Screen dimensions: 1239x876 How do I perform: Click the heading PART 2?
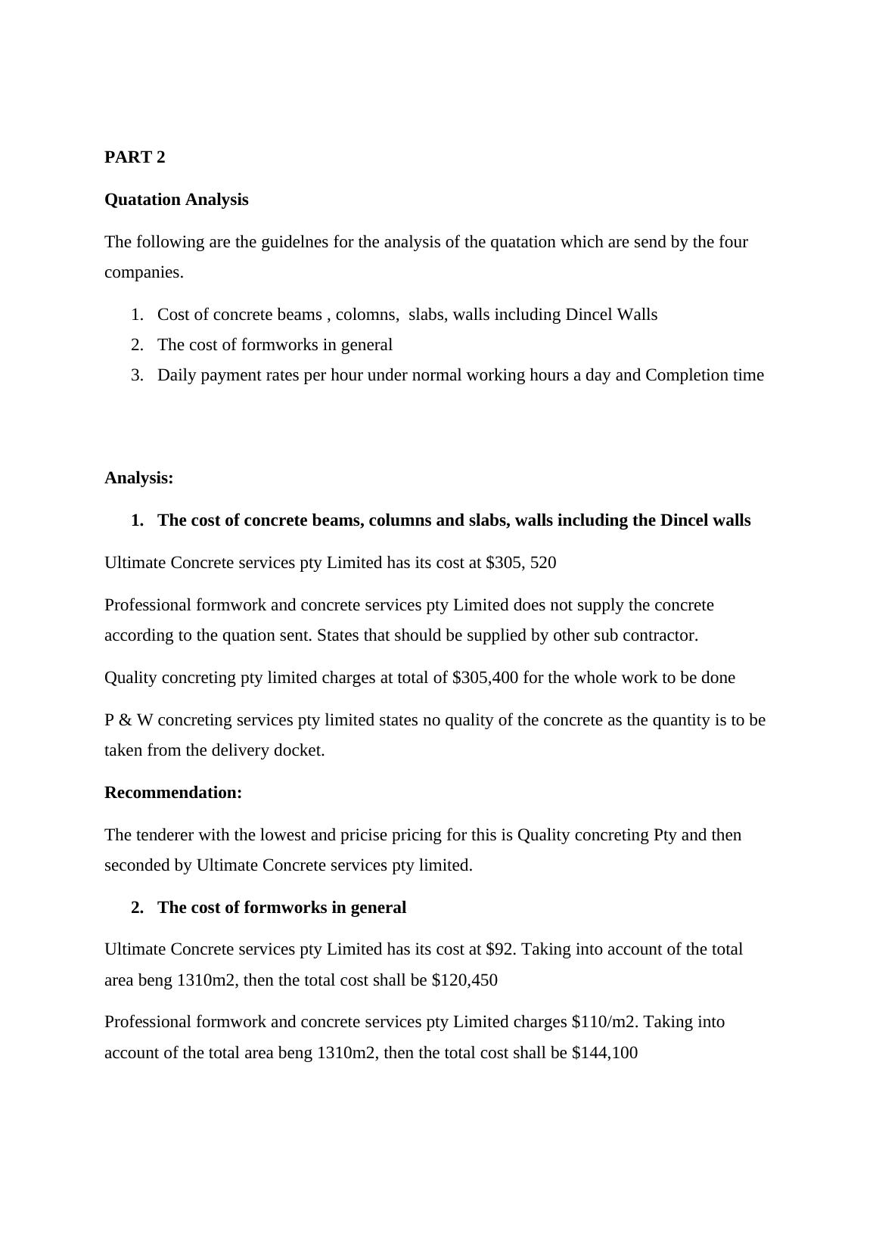[x=135, y=157]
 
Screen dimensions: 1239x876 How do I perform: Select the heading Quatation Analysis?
[x=176, y=200]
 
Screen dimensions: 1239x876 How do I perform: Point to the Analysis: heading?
[x=139, y=478]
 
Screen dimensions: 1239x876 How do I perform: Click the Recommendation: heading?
[x=173, y=793]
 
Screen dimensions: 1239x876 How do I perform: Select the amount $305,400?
[x=485, y=678]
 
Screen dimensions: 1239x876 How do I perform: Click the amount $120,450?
[x=464, y=980]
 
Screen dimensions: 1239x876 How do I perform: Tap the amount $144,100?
[x=604, y=1053]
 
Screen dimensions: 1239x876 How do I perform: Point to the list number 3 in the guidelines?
[x=137, y=375]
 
